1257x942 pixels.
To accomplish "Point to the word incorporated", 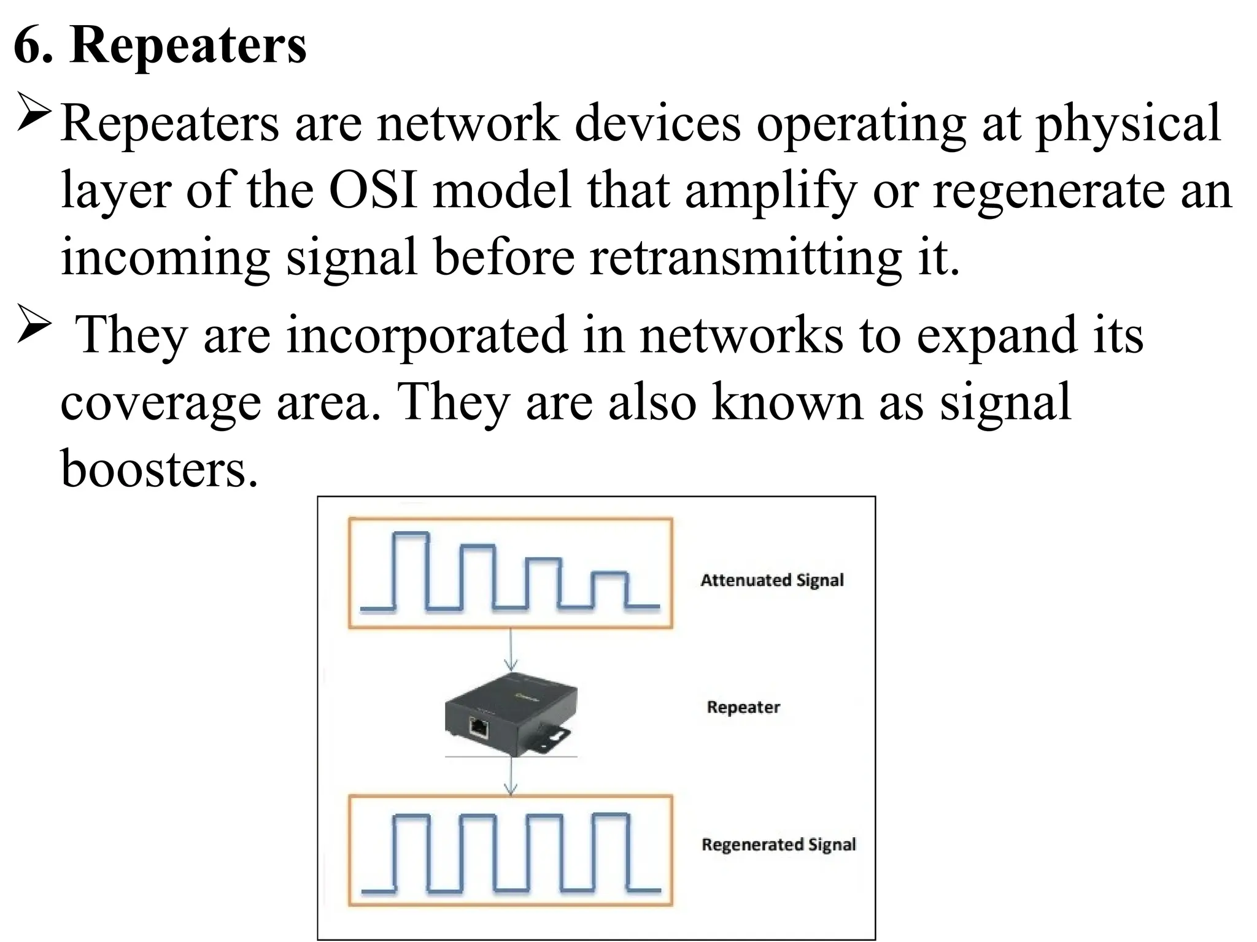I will tap(427, 336).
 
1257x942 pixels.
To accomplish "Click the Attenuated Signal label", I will tap(772, 580).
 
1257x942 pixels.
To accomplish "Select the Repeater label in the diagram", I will tap(743, 707).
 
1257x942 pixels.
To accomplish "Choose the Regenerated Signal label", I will tap(778, 844).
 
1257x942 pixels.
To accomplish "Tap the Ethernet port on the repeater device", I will tap(479, 728).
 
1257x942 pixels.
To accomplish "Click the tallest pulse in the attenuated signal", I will tap(410, 570).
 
